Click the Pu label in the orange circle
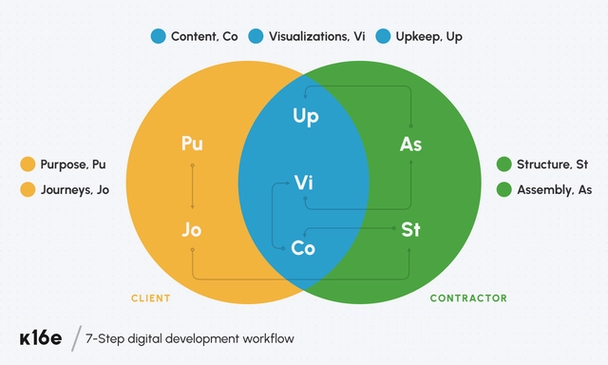click(192, 144)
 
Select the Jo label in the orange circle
click(192, 229)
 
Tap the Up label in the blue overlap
click(304, 117)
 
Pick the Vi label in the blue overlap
click(304, 182)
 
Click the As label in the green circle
click(410, 144)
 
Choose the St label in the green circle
click(410, 229)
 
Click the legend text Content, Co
click(204, 37)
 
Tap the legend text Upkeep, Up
click(428, 37)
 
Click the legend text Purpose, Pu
click(73, 164)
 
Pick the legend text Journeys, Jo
click(74, 189)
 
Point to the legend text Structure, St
click(552, 164)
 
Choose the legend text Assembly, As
click(554, 189)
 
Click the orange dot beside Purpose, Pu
click(28, 164)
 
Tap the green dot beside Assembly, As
click(503, 189)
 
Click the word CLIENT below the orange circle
click(151, 298)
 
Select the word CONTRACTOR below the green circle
click(468, 298)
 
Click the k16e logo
click(40, 339)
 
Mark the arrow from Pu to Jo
click(192, 186)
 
